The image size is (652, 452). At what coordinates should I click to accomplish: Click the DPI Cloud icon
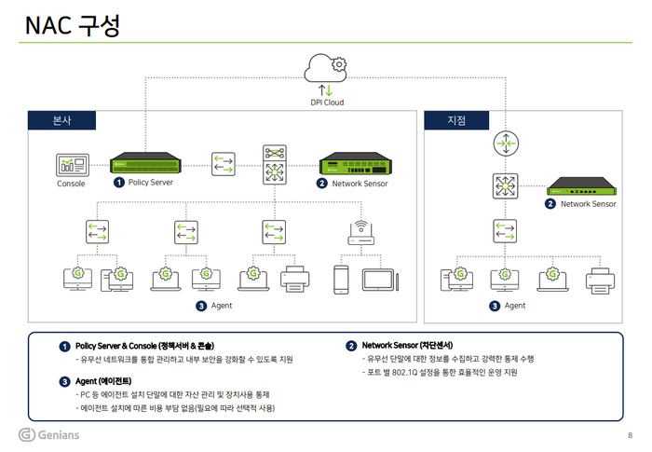pos(326,67)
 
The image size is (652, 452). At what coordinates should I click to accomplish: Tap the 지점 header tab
pos(456,120)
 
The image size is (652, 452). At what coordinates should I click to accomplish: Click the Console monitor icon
pos(71,165)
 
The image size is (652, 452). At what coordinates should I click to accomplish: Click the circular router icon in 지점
pos(504,144)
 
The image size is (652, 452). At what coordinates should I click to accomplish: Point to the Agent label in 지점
pos(514,306)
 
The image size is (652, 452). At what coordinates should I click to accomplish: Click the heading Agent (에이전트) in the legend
pos(102,381)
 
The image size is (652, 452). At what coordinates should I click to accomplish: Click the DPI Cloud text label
pos(326,103)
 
